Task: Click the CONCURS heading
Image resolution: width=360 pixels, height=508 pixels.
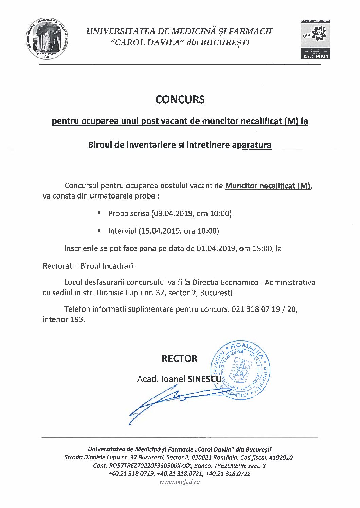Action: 180,99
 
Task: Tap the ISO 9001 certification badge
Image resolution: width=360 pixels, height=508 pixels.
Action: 315,39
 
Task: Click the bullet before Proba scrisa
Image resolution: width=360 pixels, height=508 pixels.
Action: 99,213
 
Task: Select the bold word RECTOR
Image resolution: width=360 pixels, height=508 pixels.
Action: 179,359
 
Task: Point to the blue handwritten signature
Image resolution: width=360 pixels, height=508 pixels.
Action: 170,402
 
